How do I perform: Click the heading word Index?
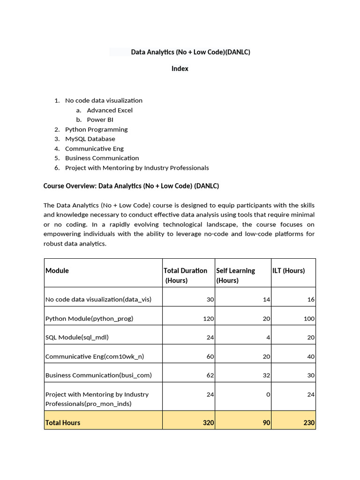[x=180, y=68]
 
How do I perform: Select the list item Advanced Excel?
[x=110, y=110]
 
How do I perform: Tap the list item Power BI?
[x=100, y=120]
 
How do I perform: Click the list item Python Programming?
[x=96, y=129]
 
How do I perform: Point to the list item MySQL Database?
[x=90, y=139]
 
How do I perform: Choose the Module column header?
[x=57, y=270]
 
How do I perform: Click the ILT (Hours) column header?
[x=288, y=270]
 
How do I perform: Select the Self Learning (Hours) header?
[x=235, y=275]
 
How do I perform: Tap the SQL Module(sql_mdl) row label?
[x=80, y=337]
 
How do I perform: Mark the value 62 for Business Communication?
[x=210, y=375]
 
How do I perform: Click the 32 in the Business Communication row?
[x=266, y=375]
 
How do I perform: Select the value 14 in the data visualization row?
[x=266, y=299]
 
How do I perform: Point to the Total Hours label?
[x=63, y=422]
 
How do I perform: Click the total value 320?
[x=208, y=422]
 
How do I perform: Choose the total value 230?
[x=308, y=422]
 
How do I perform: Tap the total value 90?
[x=266, y=422]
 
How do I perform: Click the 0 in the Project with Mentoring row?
[x=268, y=394]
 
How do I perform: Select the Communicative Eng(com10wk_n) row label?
[x=95, y=356]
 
